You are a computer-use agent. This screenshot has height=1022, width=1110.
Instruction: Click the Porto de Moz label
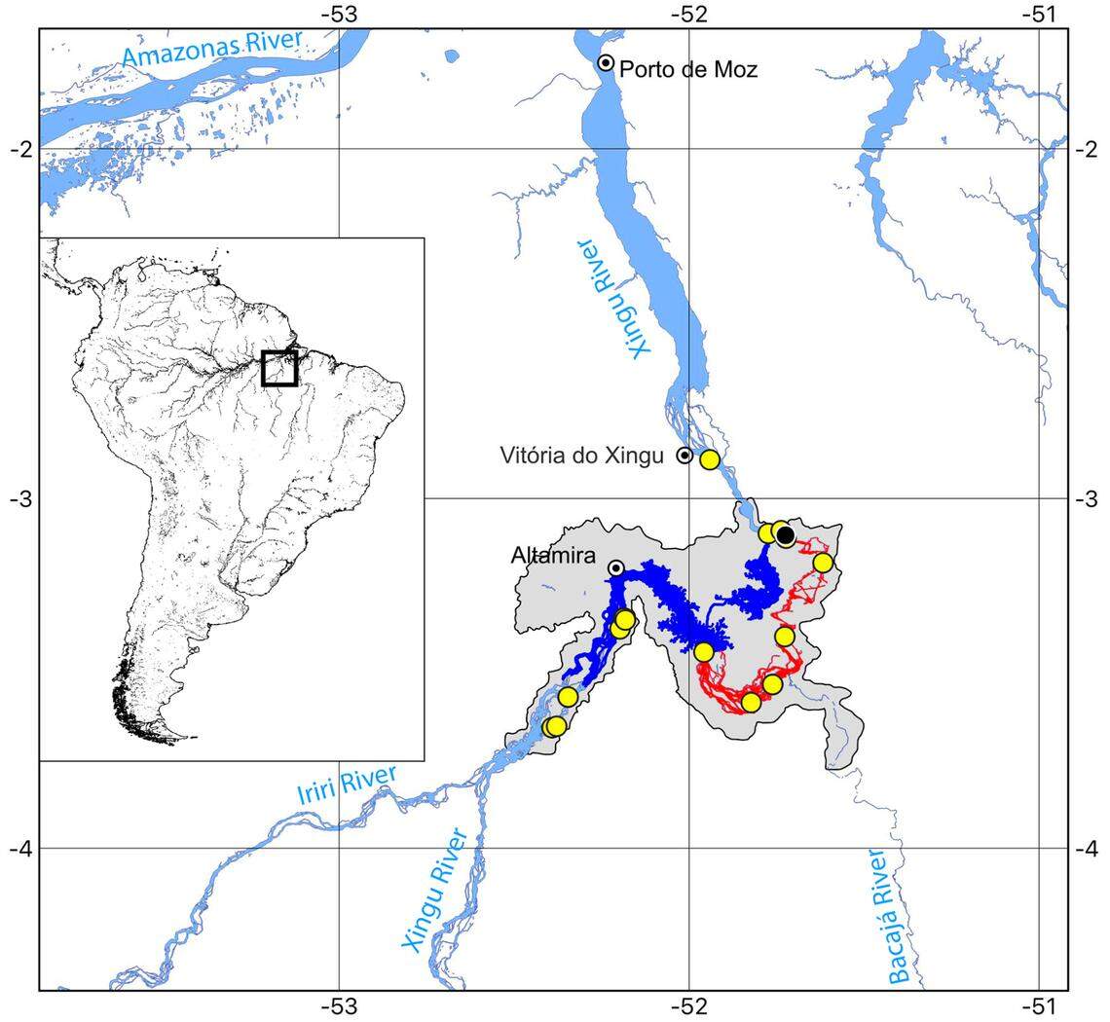[x=688, y=70]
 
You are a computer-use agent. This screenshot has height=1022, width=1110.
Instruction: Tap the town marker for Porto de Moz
[x=606, y=62]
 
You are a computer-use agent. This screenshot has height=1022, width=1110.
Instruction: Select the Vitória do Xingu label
[x=581, y=456]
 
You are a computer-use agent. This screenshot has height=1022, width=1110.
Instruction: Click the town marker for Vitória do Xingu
[x=684, y=455]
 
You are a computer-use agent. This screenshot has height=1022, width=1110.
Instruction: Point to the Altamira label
[x=553, y=556]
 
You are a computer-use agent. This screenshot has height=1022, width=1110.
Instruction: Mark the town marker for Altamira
[x=616, y=567]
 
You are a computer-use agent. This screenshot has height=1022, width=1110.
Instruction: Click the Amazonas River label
[x=213, y=49]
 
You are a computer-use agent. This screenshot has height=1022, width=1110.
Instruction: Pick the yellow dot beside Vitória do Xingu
[x=710, y=459]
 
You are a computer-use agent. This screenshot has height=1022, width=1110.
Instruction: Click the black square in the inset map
[x=279, y=368]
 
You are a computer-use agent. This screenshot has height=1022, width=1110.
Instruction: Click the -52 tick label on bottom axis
[x=689, y=1004]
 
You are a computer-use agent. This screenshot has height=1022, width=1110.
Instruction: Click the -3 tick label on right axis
[x=1087, y=498]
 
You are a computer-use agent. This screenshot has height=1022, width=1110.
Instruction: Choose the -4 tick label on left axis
[x=20, y=849]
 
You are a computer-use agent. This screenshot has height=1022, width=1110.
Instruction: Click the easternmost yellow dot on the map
[x=823, y=563]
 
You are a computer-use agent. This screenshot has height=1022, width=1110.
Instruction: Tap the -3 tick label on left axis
[x=20, y=498]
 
